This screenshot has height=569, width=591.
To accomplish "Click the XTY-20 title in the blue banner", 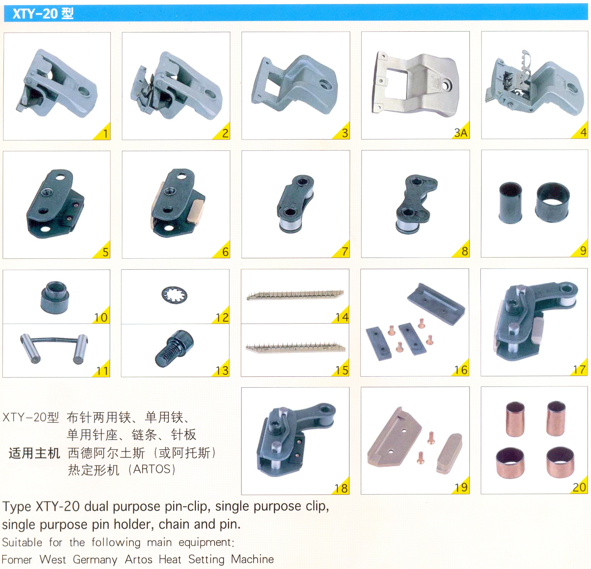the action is tap(43, 14).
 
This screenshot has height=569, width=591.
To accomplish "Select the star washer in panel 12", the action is tap(174, 295).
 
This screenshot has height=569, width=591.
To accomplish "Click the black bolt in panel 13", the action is tap(174, 349).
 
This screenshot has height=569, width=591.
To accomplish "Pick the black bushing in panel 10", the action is tap(55, 297).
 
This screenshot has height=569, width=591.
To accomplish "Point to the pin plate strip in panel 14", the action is tap(295, 295).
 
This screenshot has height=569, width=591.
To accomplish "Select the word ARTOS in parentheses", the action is tap(154, 469).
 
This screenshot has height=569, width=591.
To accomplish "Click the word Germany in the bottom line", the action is tap(95, 560).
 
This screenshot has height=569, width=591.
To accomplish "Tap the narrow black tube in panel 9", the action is tap(510, 202).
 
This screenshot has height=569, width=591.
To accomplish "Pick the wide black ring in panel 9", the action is tap(552, 202).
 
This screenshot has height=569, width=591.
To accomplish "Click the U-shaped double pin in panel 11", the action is tap(54, 348).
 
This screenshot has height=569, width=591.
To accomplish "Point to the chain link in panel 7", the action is tap(295, 203).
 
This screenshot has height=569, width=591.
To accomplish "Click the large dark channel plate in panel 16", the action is tap(436, 304).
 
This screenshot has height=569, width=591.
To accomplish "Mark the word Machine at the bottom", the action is tap(252, 559).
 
